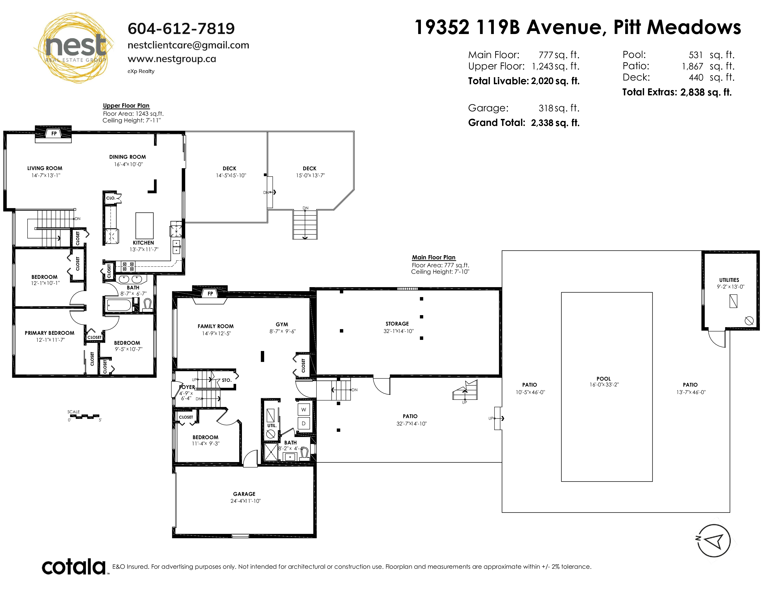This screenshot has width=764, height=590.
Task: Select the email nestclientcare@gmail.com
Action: pyautogui.click(x=188, y=45)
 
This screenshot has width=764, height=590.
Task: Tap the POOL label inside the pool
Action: pyautogui.click(x=603, y=379)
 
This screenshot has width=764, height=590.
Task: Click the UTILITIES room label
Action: pyautogui.click(x=729, y=280)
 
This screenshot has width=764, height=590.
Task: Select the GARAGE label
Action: pyautogui.click(x=244, y=494)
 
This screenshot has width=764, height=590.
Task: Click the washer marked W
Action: pyautogui.click(x=303, y=410)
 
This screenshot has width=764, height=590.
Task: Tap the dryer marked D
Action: pyautogui.click(x=303, y=423)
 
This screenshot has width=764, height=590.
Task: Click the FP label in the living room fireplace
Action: pyautogui.click(x=54, y=134)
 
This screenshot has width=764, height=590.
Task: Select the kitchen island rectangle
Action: pyautogui.click(x=144, y=225)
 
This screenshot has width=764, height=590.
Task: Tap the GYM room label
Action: pyautogui.click(x=282, y=324)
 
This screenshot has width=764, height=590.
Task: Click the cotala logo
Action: pyautogui.click(x=74, y=567)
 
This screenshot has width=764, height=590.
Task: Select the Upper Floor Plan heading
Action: pyautogui.click(x=126, y=106)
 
